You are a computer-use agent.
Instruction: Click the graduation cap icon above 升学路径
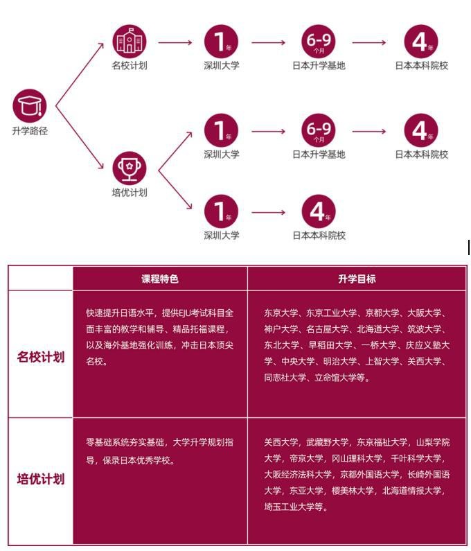30,106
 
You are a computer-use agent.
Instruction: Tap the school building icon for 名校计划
130,42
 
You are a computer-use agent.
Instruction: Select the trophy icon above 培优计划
130,168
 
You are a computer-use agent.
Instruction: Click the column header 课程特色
160,279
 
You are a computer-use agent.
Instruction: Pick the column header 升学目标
357,279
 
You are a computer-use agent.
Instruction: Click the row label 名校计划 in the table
41,357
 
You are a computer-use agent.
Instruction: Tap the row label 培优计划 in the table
41,479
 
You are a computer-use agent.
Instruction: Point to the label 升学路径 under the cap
30,131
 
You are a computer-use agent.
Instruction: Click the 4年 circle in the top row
421,42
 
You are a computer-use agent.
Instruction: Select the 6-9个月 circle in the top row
319,42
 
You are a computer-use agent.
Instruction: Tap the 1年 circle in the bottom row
221,211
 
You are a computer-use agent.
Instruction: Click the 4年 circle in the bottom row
319,211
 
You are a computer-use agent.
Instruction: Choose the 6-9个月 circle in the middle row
319,130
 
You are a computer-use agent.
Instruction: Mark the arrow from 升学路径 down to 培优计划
80,137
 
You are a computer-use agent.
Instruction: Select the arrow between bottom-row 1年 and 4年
268,212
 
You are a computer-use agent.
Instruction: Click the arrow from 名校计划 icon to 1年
175,42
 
